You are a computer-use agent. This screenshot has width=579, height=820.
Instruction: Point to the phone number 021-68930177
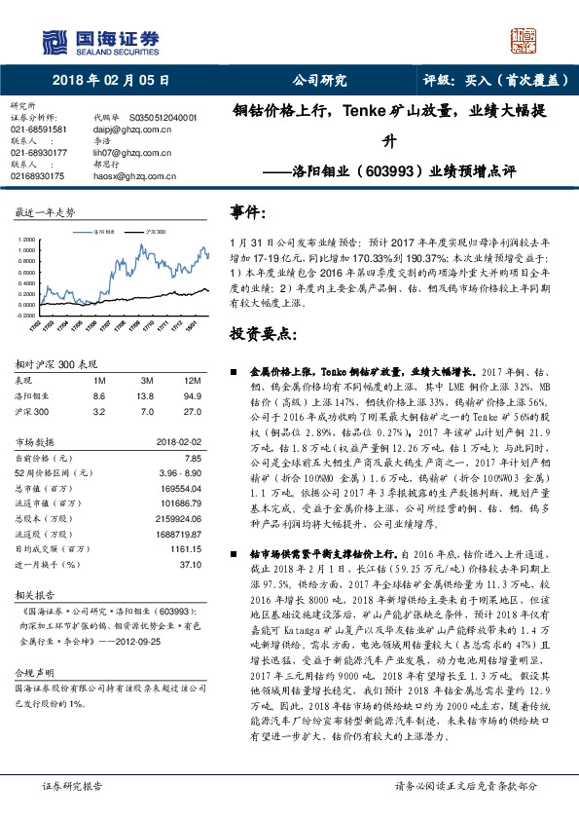(x=39, y=152)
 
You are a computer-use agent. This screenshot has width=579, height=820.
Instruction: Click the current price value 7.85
(x=192, y=458)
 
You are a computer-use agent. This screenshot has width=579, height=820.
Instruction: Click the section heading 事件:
(x=247, y=212)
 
